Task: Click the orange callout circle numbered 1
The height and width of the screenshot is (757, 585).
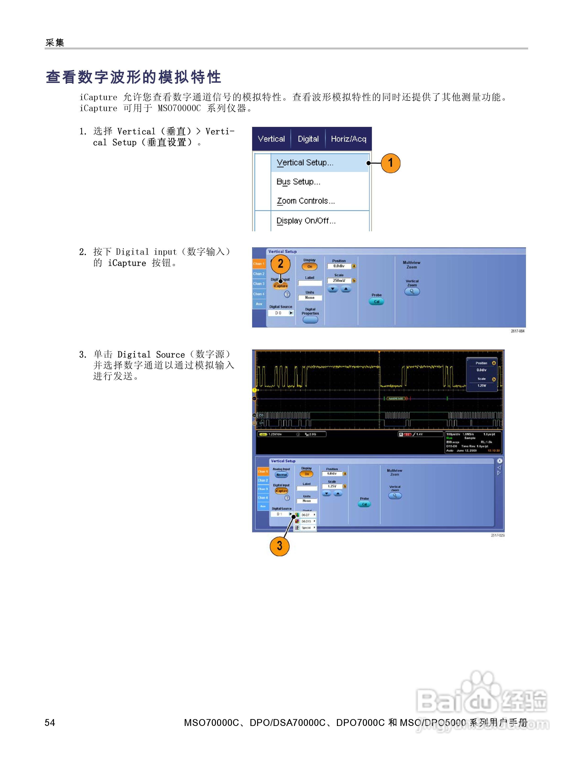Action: [x=390, y=163]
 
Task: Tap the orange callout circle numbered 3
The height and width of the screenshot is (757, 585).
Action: [x=279, y=546]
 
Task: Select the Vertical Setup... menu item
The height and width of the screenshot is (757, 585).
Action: [x=305, y=162]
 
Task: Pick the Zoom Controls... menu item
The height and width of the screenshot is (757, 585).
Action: [x=306, y=201]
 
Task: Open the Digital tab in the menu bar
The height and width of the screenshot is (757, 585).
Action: [x=308, y=139]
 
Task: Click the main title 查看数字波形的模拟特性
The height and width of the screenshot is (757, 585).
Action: [x=133, y=77]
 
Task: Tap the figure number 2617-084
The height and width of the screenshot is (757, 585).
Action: [x=517, y=331]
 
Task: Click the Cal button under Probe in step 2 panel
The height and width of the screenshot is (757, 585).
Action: [x=376, y=302]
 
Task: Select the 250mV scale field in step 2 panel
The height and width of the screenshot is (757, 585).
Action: [x=339, y=280]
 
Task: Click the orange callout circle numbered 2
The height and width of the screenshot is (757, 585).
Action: [x=280, y=264]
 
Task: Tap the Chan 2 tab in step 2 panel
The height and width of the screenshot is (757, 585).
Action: [x=259, y=274]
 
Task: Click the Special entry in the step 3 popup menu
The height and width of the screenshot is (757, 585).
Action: [x=306, y=528]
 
